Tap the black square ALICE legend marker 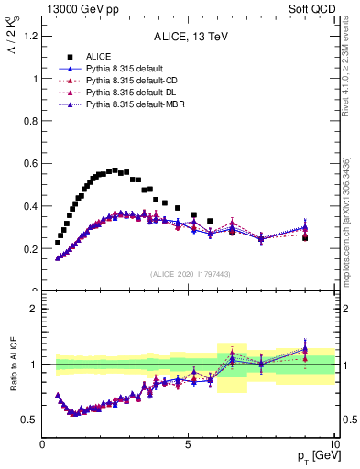coord(70,57)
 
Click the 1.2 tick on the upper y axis coord(30,36)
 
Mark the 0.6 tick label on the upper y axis coord(30,163)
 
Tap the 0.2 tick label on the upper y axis coord(30,248)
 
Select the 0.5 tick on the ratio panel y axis coord(30,420)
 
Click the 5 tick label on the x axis coord(189,445)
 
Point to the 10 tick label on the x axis coord(333,445)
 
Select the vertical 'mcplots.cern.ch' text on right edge coord(345,229)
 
